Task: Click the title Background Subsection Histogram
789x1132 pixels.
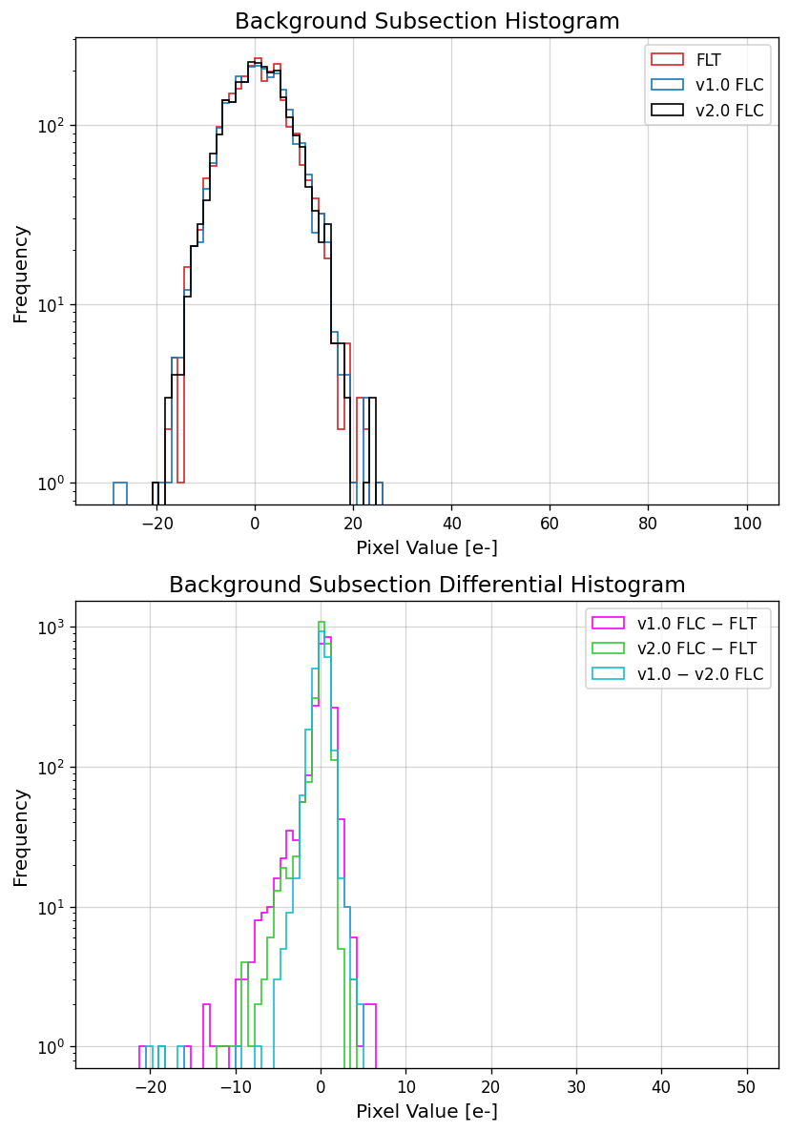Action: pyautogui.click(x=426, y=21)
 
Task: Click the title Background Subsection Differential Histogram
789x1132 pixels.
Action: pyautogui.click(x=426, y=585)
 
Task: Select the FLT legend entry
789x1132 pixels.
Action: pyautogui.click(x=708, y=60)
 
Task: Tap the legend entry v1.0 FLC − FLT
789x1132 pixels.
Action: pyautogui.click(x=696, y=624)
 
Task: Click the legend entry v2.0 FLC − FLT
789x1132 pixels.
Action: pyautogui.click(x=696, y=649)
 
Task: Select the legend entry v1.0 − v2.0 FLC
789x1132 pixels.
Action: pyautogui.click(x=700, y=674)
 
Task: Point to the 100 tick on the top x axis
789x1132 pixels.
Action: pyautogui.click(x=747, y=523)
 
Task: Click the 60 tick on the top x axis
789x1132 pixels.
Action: pyautogui.click(x=550, y=523)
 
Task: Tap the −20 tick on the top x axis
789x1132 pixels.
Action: pyautogui.click(x=156, y=523)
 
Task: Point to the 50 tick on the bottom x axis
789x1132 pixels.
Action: pyautogui.click(x=747, y=1086)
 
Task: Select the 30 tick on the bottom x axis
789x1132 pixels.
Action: pyautogui.click(x=576, y=1086)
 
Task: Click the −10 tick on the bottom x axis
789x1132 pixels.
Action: pyautogui.click(x=236, y=1086)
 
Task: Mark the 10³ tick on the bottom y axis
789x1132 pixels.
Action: pyautogui.click(x=51, y=627)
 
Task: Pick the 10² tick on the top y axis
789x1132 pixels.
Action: pyautogui.click(x=51, y=126)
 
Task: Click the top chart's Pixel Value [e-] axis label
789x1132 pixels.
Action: pyautogui.click(x=426, y=547)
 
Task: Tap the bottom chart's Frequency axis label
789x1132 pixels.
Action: pyautogui.click(x=21, y=836)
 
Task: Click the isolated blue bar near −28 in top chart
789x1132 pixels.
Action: pyautogui.click(x=120, y=492)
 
